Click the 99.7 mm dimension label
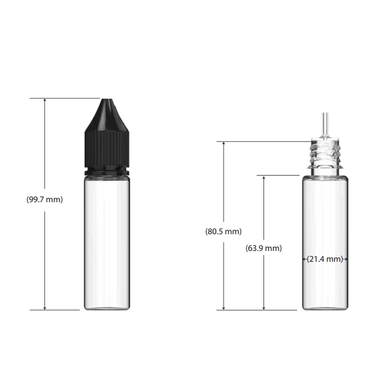[x=45, y=200]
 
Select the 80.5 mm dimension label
[x=223, y=232]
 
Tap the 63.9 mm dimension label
[x=264, y=248]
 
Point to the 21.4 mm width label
[x=325, y=259]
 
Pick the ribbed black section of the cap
[x=107, y=149]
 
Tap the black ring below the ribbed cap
[x=107, y=171]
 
